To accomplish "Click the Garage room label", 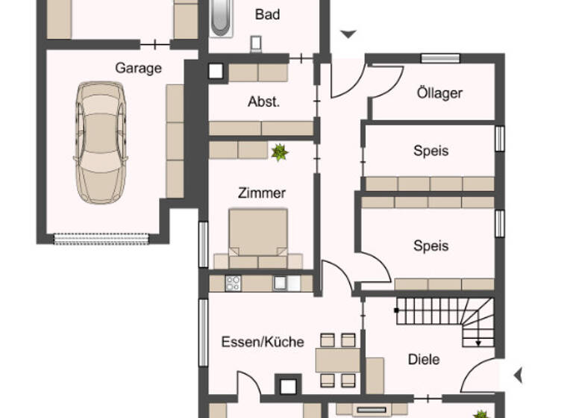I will [138, 68].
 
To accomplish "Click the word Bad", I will [267, 14].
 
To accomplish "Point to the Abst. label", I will [263, 102].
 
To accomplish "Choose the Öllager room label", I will [439, 93].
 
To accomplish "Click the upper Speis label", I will [430, 151].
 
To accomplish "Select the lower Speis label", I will [430, 246].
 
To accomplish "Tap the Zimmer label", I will [261, 193].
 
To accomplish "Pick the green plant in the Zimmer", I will [279, 152].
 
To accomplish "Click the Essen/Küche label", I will [263, 342].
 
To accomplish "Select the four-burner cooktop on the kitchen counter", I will [233, 283].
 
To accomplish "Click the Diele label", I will [424, 359].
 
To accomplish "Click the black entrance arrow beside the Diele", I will [518, 374].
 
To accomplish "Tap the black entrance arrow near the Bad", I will [348, 34].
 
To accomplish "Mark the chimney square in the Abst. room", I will [216, 72].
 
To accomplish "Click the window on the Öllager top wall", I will [439, 58].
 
